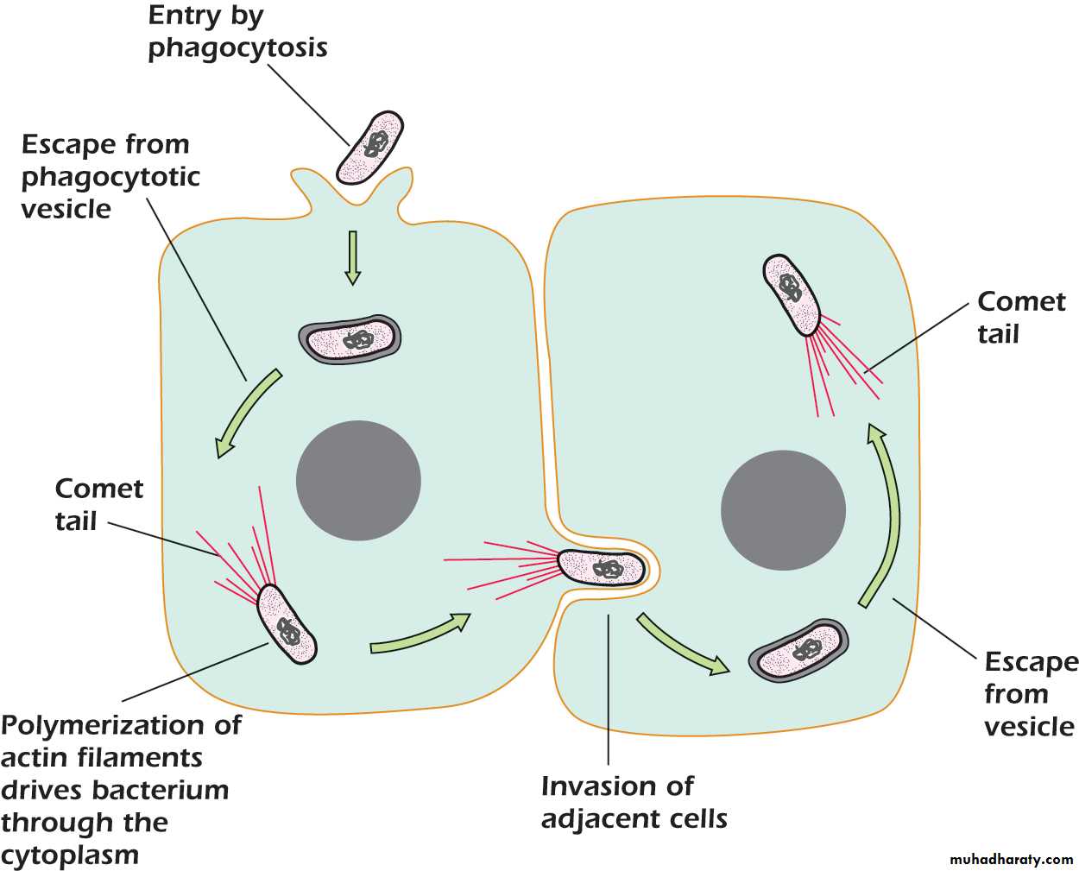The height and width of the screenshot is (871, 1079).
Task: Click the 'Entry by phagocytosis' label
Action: tap(237, 32)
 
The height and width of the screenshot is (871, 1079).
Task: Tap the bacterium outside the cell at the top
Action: tap(370, 147)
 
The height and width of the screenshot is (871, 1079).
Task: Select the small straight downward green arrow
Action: tap(352, 257)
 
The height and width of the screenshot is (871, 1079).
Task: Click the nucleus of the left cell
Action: tap(358, 481)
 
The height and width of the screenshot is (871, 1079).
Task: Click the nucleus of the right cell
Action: tap(783, 510)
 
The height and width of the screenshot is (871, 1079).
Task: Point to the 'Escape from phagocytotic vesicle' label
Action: tap(110, 176)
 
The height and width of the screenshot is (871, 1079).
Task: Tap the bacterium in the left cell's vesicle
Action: tap(350, 338)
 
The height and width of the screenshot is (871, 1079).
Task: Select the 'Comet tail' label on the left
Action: tap(98, 504)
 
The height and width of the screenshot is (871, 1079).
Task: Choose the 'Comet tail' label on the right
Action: tap(1021, 318)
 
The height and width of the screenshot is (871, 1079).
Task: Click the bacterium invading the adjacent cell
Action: tap(602, 567)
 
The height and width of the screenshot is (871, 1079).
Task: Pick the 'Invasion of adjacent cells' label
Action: tap(634, 802)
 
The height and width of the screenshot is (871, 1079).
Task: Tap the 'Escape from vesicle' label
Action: tap(1030, 694)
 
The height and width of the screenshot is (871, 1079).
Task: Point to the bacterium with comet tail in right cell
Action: tap(792, 293)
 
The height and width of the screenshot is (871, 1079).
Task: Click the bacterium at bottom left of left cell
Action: tap(287, 624)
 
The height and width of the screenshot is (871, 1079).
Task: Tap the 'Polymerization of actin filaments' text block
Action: tap(120, 789)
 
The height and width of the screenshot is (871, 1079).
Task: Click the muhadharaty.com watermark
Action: tap(1011, 860)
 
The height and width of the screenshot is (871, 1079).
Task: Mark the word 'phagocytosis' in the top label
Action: tap(237, 47)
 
